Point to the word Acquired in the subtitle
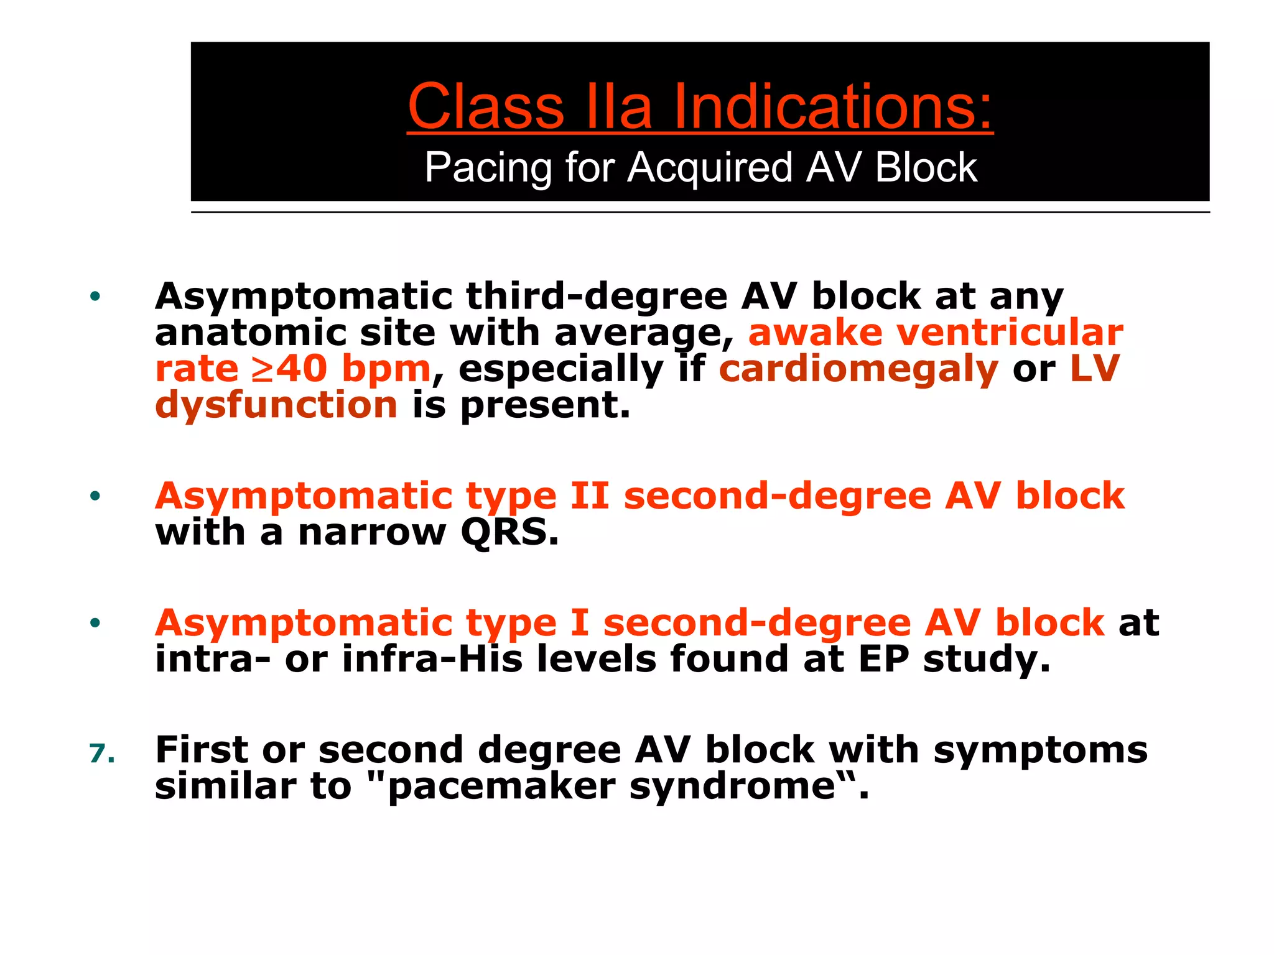[710, 168]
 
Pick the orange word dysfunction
[276, 405]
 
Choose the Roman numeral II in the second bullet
[590, 496]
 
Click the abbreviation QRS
[509, 533]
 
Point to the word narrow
[372, 533]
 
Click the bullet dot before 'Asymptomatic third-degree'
[95, 296]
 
